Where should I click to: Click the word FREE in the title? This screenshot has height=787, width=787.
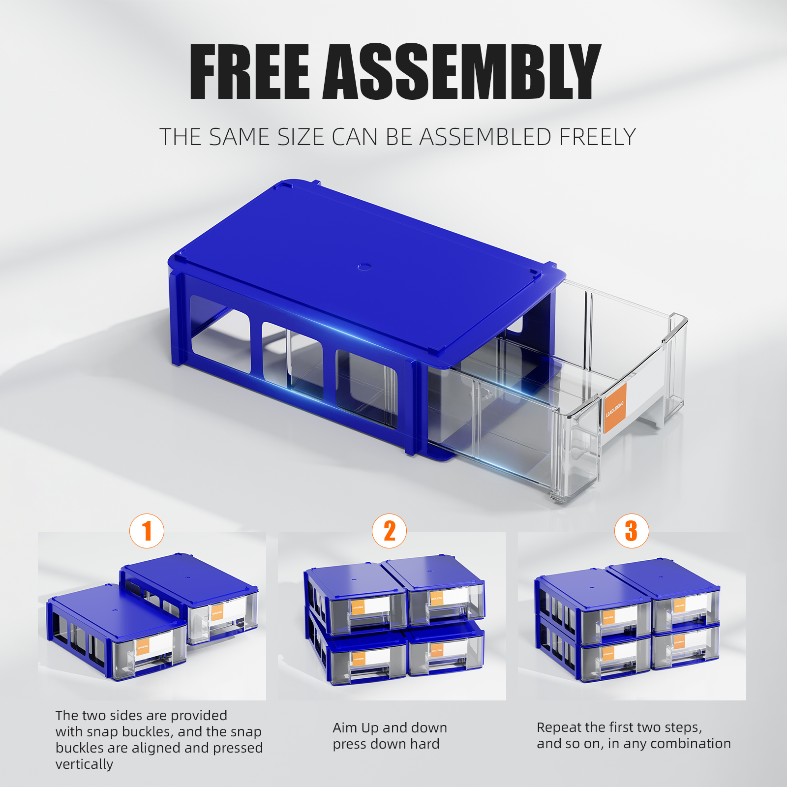249,72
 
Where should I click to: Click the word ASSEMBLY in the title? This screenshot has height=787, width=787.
461,72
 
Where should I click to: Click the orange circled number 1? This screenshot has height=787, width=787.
147,531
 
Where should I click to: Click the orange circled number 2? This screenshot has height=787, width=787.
389,531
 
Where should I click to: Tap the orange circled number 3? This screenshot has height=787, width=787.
632,531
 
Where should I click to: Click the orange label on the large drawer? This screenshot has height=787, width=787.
615,409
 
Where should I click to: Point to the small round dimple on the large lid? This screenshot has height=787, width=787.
364,266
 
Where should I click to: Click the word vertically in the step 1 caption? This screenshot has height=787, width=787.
84,764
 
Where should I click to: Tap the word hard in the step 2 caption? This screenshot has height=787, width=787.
424,744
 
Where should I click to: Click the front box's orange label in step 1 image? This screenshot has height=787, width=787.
143,647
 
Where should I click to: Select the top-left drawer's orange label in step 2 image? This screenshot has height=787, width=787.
358,607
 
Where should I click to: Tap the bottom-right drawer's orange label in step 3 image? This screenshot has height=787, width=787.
679,642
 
